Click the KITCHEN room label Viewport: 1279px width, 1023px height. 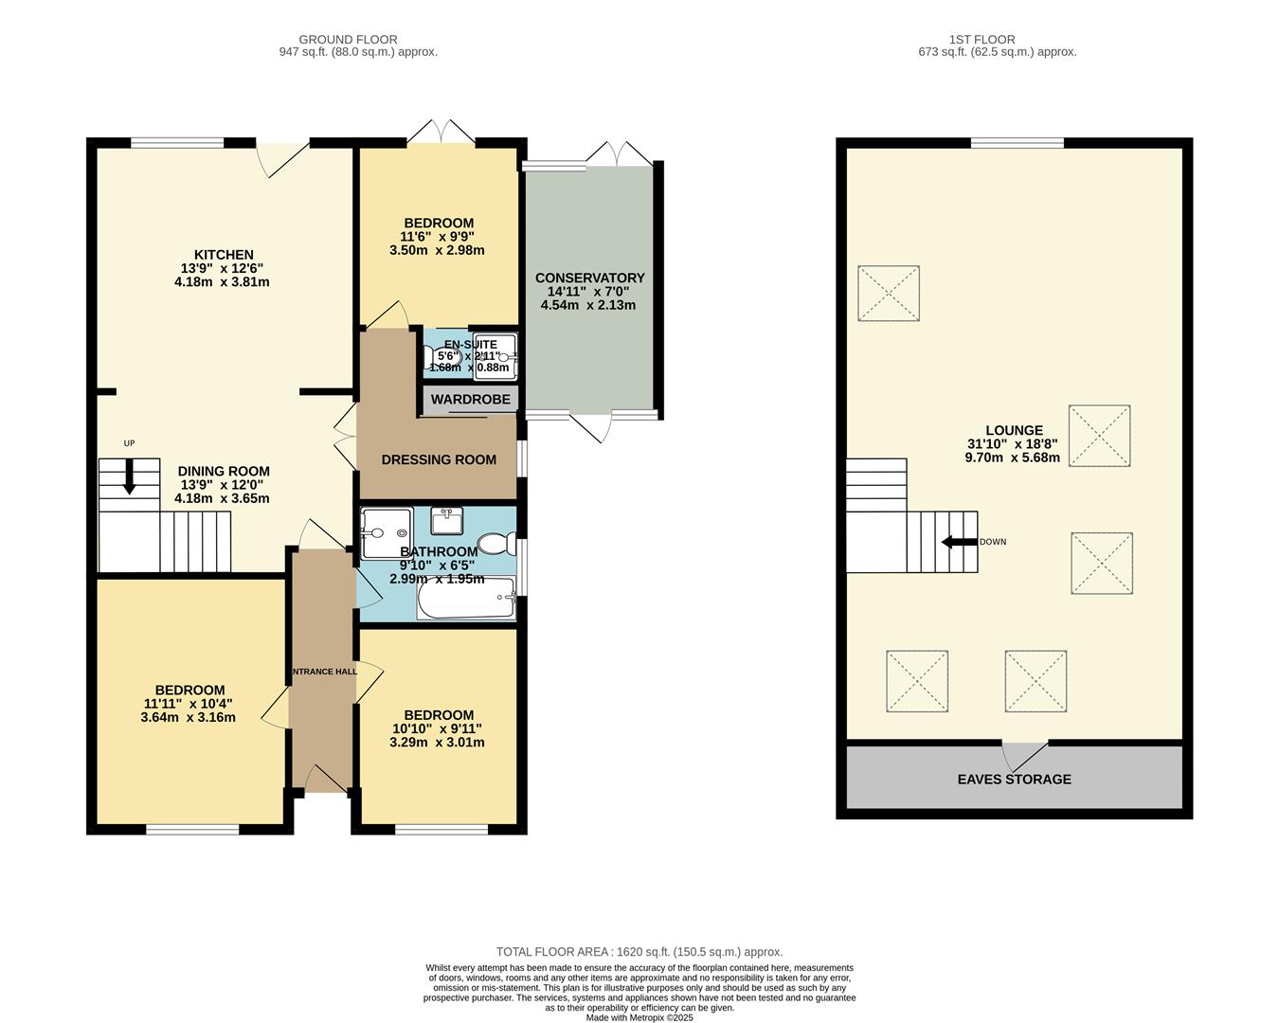(x=224, y=255)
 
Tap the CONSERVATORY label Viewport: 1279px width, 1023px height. (x=589, y=278)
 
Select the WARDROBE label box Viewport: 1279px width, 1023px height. (x=470, y=400)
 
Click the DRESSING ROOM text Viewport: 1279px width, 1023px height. (x=439, y=459)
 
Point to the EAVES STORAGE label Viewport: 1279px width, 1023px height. (x=1014, y=780)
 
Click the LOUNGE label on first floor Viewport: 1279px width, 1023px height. (x=1013, y=430)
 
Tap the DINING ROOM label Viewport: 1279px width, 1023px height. (x=224, y=471)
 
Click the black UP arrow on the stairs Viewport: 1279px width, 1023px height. (x=129, y=476)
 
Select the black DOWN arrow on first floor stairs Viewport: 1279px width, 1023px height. (x=958, y=542)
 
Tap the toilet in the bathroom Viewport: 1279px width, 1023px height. (x=494, y=543)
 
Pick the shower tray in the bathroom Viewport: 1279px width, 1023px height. (x=387, y=532)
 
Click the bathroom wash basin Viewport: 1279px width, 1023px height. (x=446, y=521)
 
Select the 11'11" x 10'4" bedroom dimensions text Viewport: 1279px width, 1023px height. (x=188, y=704)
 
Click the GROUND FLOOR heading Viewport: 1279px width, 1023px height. (x=348, y=40)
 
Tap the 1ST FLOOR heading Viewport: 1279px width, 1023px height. (x=982, y=40)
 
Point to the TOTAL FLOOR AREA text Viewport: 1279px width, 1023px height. (x=639, y=952)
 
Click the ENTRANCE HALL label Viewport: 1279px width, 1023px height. (x=323, y=672)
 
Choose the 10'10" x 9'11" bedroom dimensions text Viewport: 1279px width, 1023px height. (x=437, y=728)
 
